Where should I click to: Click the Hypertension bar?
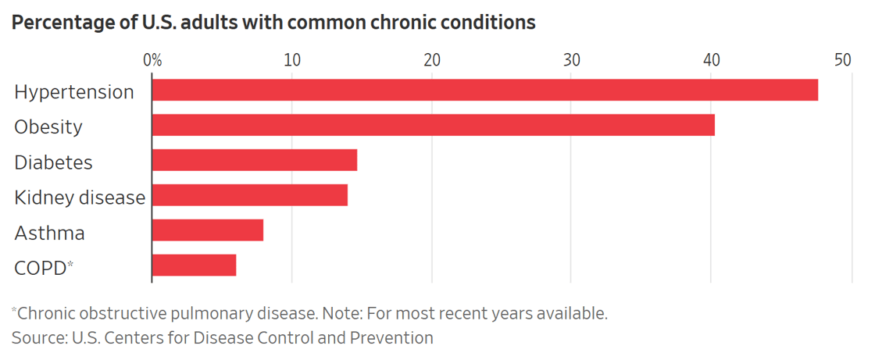point(484,91)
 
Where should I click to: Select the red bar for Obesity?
point(433,126)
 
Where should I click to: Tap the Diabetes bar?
point(254,161)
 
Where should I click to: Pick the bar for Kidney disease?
point(249,196)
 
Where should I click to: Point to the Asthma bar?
point(207,231)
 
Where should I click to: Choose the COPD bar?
point(194,266)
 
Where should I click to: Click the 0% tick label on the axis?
point(152,60)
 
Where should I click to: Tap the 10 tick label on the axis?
point(291,60)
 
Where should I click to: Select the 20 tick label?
point(431,60)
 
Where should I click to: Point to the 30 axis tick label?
point(571,60)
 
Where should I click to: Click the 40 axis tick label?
point(711,60)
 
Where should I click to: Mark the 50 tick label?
point(842,60)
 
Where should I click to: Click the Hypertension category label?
point(74,92)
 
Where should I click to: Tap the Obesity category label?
point(48,127)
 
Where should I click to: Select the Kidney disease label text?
point(80,198)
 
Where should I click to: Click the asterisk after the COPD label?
point(70,265)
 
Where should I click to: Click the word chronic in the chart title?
point(386,23)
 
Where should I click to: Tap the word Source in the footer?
point(36,338)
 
